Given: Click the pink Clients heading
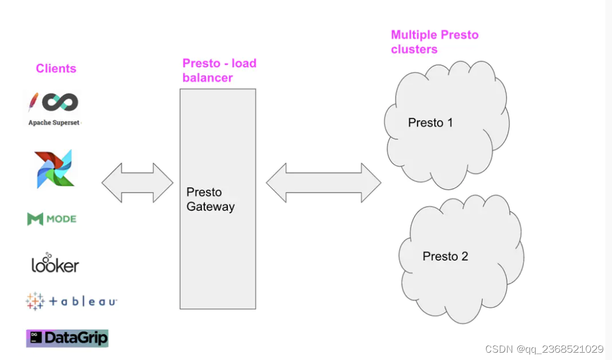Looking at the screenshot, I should [56, 68].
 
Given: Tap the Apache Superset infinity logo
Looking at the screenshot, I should [59, 102].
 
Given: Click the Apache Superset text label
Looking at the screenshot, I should [54, 123].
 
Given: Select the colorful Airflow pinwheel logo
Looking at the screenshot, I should [54, 168].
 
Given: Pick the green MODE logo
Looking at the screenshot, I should [52, 219].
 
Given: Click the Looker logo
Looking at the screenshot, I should [55, 264].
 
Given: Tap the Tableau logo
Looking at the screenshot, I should [71, 301].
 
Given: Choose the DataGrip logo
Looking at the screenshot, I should [67, 338].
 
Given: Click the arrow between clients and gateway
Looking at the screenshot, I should [137, 183].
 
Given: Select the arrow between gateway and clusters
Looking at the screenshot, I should [323, 183].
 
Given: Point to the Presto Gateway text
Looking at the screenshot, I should [210, 199].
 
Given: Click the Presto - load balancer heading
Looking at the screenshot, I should [219, 71].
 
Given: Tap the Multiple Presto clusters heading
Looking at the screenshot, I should [434, 42].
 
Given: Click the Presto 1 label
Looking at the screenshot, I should [430, 122].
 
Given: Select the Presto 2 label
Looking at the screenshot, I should [445, 256].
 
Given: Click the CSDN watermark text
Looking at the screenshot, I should [544, 349].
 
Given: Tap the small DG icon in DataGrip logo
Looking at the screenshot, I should [35, 337].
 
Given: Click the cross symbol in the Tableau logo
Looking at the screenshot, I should [35, 301].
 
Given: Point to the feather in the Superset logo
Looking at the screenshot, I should [33, 102].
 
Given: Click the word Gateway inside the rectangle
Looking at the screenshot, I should [210, 206].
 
